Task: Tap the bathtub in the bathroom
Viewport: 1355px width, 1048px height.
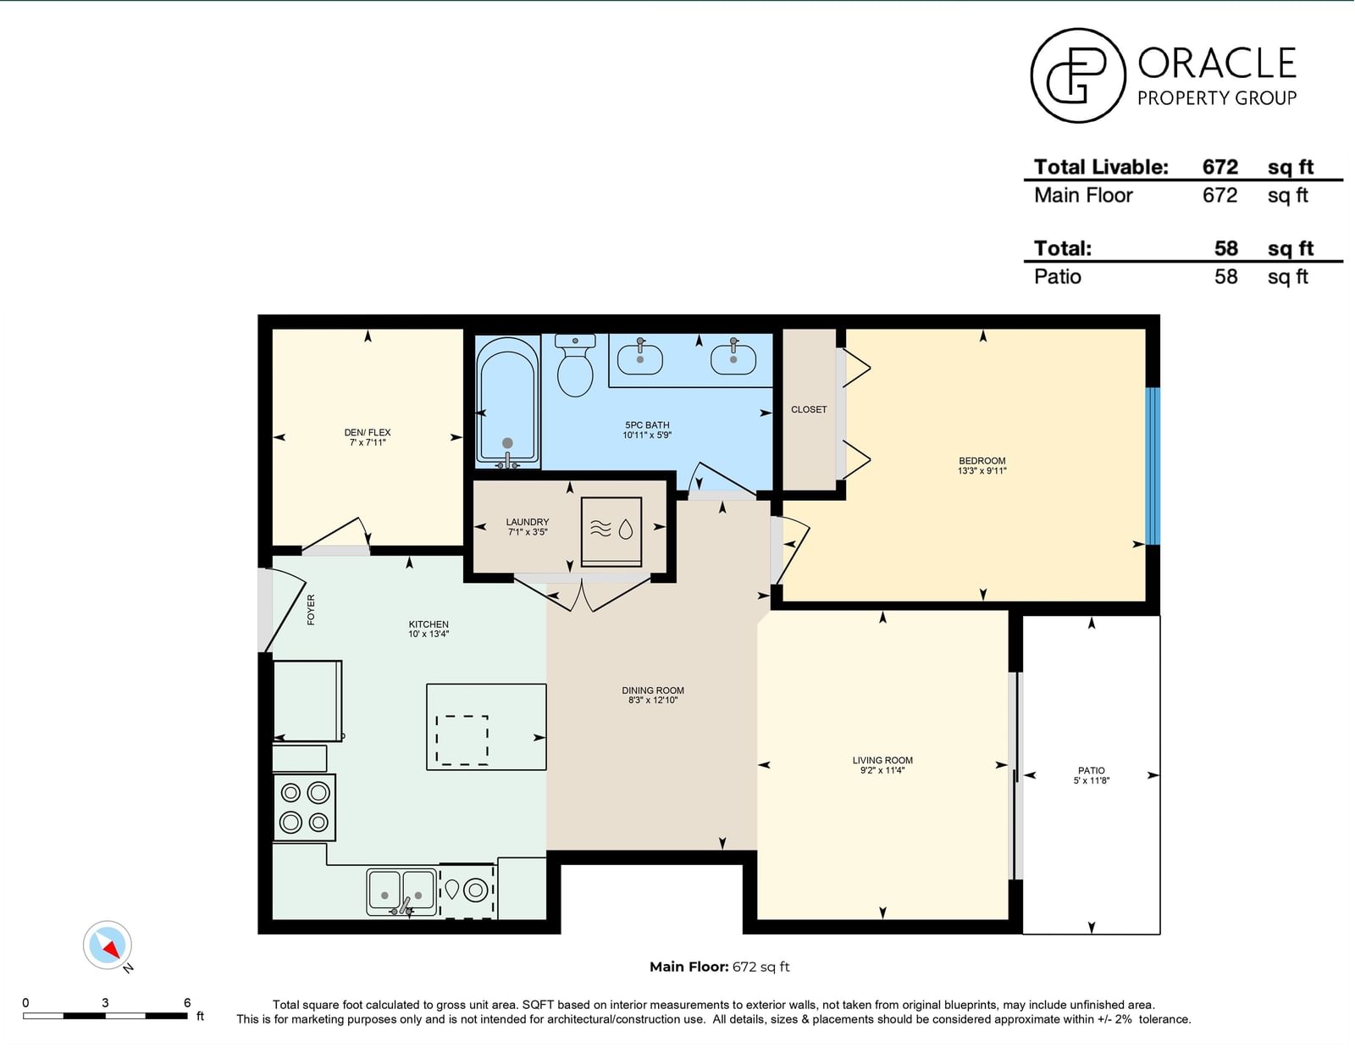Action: click(x=507, y=402)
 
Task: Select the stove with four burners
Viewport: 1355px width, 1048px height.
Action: click(x=304, y=807)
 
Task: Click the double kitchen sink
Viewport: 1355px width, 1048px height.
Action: click(x=401, y=892)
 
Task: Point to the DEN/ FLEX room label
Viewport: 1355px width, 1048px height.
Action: click(x=368, y=432)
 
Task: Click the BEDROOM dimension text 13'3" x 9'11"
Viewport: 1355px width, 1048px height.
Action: click(x=982, y=471)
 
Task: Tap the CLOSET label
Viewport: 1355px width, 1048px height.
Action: click(x=809, y=409)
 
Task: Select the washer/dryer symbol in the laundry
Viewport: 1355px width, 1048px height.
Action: click(x=611, y=531)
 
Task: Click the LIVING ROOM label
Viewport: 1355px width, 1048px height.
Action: click(x=882, y=760)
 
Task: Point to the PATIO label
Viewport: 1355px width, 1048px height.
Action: click(x=1092, y=770)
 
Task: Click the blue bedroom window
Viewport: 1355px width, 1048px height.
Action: click(x=1153, y=466)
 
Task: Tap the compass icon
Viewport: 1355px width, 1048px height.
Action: click(x=108, y=945)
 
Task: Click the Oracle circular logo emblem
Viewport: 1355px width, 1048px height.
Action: click(x=1078, y=75)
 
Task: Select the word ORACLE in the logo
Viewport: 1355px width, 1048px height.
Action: click(x=1217, y=63)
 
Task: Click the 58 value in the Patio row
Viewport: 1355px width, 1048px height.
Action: click(x=1225, y=276)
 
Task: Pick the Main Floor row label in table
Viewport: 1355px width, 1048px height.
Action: click(x=1083, y=195)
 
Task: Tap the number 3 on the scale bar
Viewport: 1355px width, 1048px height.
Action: click(x=105, y=1002)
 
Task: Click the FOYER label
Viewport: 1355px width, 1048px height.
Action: click(x=311, y=609)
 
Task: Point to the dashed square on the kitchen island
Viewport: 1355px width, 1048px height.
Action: click(x=462, y=740)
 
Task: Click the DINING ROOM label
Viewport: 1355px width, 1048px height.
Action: click(x=653, y=690)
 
